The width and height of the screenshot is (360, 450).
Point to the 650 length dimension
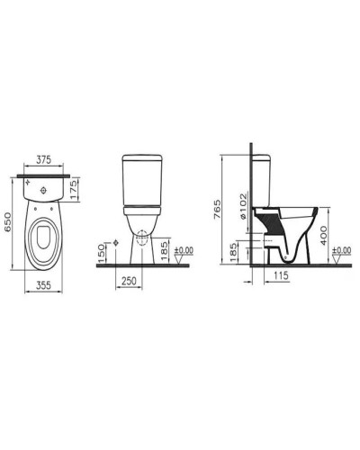pos(9,221)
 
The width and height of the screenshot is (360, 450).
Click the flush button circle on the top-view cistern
pos(42,191)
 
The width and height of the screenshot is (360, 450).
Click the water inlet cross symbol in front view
pos(115,243)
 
